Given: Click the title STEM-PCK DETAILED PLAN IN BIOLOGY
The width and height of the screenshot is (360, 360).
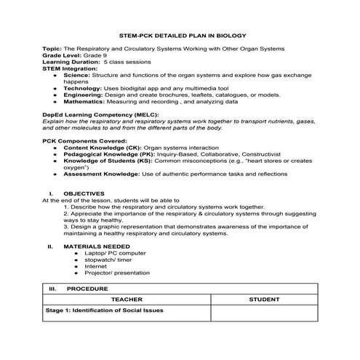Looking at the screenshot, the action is click(183, 35).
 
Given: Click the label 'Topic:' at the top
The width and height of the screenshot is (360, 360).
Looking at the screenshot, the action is click(52, 48).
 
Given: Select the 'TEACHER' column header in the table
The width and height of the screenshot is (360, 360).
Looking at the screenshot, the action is click(127, 298).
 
